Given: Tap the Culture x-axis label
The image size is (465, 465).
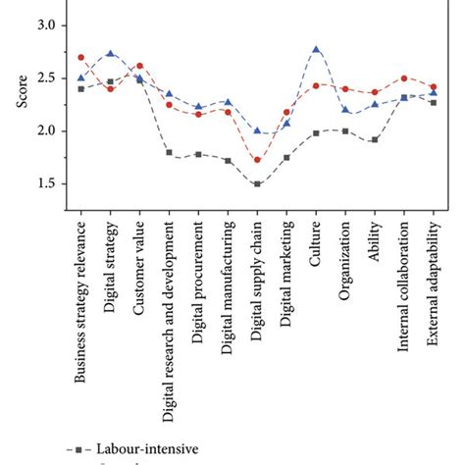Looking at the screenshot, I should click(316, 241).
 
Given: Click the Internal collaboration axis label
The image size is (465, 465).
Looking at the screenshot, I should click(404, 289).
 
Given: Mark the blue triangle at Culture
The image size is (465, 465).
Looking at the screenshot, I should click(316, 49).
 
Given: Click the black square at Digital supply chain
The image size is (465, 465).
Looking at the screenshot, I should click(257, 183).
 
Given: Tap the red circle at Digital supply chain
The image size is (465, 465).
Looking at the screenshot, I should click(257, 160).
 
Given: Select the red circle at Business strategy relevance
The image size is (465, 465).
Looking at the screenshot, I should click(80, 58).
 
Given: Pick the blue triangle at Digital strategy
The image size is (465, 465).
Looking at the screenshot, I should click(110, 54).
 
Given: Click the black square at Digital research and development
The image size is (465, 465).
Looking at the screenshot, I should click(169, 152).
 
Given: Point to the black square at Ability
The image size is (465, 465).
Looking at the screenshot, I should click(375, 139).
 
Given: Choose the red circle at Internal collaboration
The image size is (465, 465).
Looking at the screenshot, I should click(404, 77).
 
